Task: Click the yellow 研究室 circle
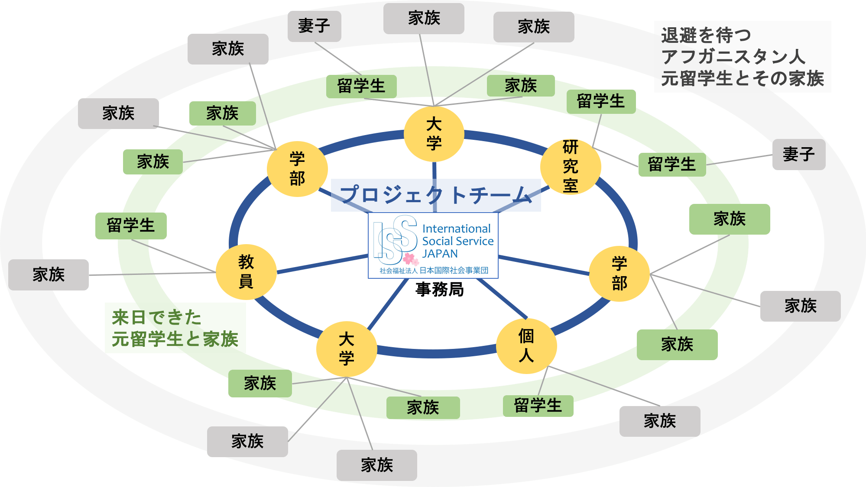(x=571, y=167)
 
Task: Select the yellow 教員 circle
(x=246, y=272)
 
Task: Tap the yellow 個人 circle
(x=526, y=346)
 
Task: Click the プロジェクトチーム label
(x=436, y=195)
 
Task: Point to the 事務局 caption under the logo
(x=439, y=289)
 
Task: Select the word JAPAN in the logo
(x=440, y=254)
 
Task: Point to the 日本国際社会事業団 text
(x=454, y=271)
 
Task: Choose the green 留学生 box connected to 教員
(x=131, y=226)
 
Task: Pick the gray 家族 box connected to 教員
(x=49, y=275)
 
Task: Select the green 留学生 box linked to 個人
(x=538, y=406)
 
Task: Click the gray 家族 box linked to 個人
(x=659, y=421)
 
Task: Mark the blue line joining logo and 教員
(x=323, y=264)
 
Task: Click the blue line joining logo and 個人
(x=503, y=299)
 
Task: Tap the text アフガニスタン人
(x=733, y=57)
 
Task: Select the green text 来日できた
(x=157, y=317)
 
